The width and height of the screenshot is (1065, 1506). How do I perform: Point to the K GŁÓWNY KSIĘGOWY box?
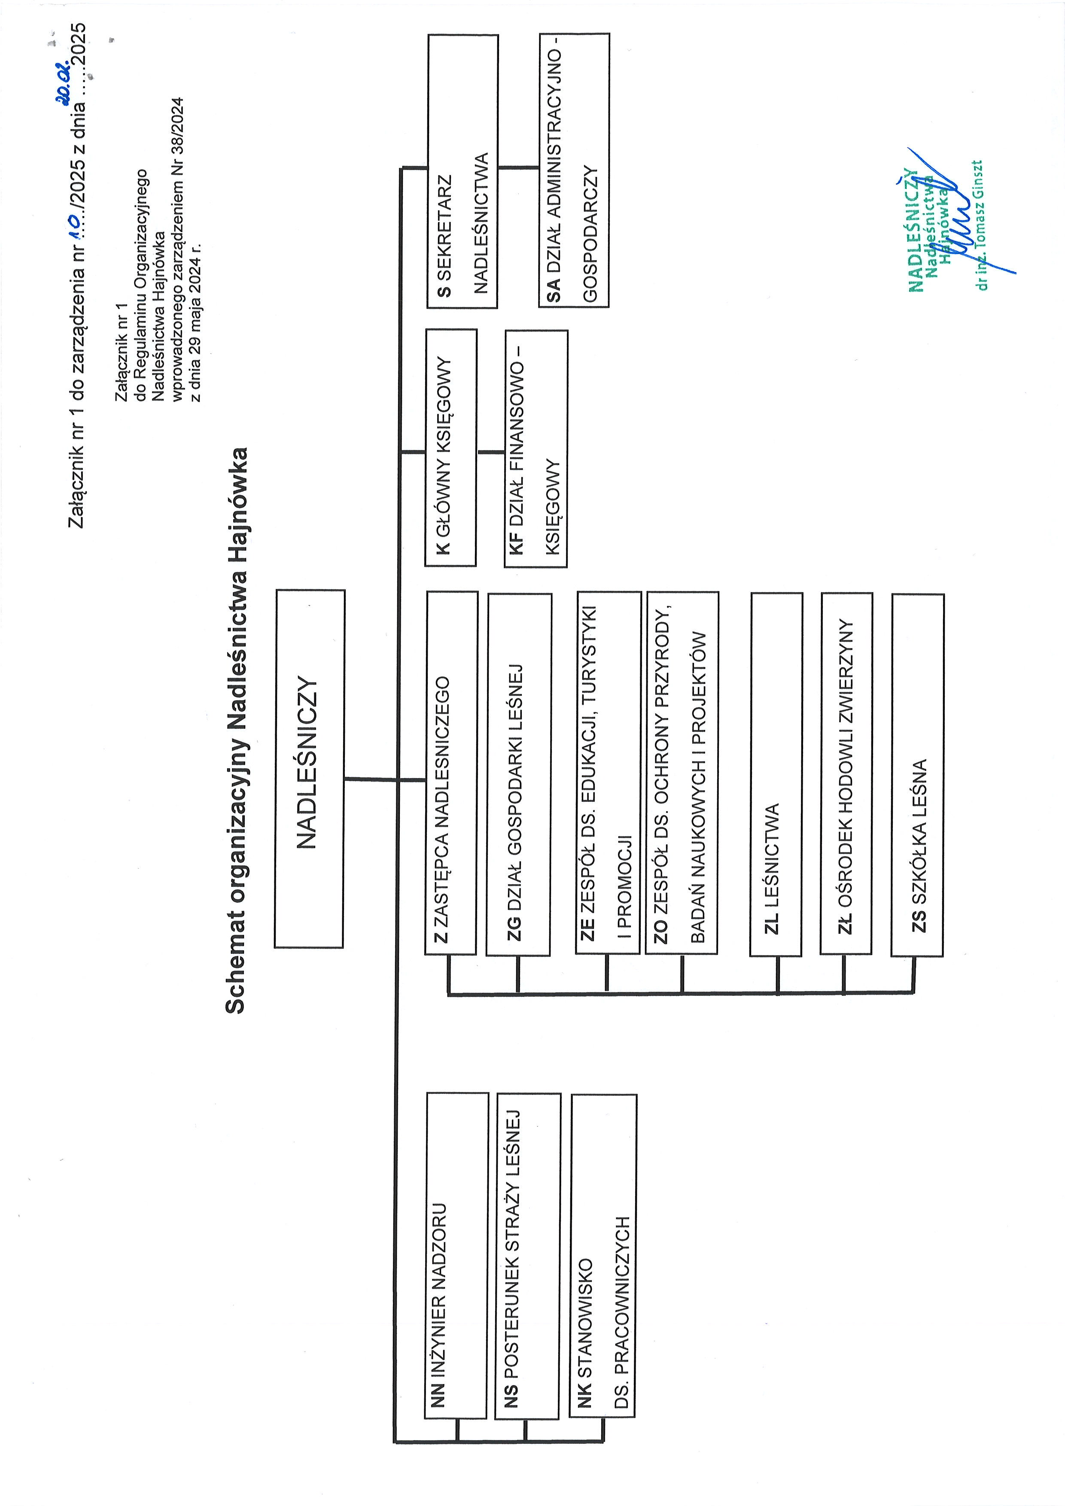450,448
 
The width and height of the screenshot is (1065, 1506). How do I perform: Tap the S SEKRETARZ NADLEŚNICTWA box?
463,171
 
